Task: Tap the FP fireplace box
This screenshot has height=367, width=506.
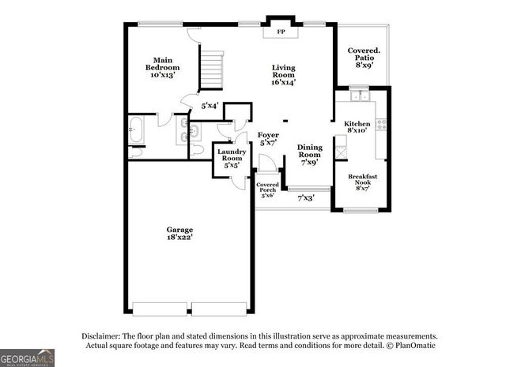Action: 281,32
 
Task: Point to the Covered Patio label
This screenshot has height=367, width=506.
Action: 364,58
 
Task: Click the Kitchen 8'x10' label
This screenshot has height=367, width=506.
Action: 357,128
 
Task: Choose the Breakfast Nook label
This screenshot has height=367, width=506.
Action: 362,182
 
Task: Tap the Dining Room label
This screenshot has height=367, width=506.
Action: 309,155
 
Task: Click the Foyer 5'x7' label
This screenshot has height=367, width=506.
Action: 268,140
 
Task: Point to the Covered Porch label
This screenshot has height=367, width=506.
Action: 267,189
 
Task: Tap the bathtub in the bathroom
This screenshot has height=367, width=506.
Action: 135,130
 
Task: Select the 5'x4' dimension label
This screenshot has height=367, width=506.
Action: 210,105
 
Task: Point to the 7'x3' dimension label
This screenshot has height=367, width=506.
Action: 306,198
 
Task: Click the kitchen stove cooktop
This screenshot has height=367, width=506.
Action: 381,124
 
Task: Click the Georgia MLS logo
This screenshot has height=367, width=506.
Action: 27,358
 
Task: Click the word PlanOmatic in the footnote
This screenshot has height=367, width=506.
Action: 414,345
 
